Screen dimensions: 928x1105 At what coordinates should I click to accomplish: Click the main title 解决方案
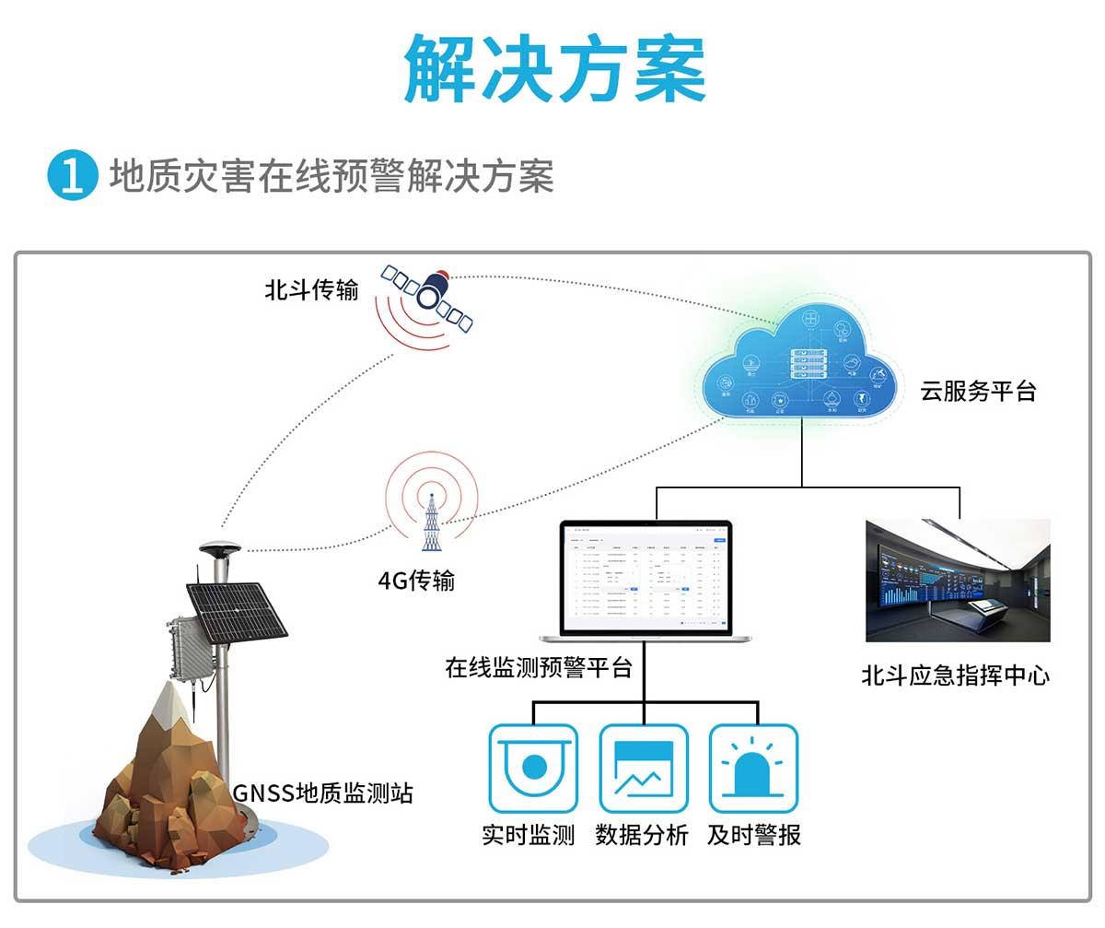click(x=554, y=69)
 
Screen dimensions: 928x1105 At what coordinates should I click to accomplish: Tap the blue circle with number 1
click(x=72, y=175)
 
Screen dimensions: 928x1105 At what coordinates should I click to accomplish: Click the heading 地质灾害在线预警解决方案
click(x=331, y=175)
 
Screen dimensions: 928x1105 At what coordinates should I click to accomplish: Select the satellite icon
click(x=428, y=293)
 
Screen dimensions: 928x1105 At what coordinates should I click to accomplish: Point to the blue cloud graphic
click(x=800, y=364)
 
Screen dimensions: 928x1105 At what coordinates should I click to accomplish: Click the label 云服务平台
click(x=978, y=391)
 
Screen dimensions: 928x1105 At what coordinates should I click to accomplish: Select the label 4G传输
click(x=416, y=581)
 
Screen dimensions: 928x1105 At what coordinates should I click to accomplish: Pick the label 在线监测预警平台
click(x=539, y=667)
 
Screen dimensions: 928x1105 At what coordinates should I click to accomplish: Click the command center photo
click(x=958, y=580)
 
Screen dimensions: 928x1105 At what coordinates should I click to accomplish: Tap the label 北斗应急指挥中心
click(x=955, y=675)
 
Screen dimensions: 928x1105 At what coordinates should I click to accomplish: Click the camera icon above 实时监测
click(x=533, y=767)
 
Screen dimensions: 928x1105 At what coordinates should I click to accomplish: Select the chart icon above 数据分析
click(x=643, y=767)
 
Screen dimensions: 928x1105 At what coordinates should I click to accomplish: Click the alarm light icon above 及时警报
click(x=753, y=767)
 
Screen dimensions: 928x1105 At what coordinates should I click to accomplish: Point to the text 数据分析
click(x=642, y=835)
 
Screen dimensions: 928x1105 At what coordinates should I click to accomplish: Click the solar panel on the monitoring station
click(x=237, y=610)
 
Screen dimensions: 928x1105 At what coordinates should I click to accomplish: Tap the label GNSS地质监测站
click(x=322, y=793)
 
